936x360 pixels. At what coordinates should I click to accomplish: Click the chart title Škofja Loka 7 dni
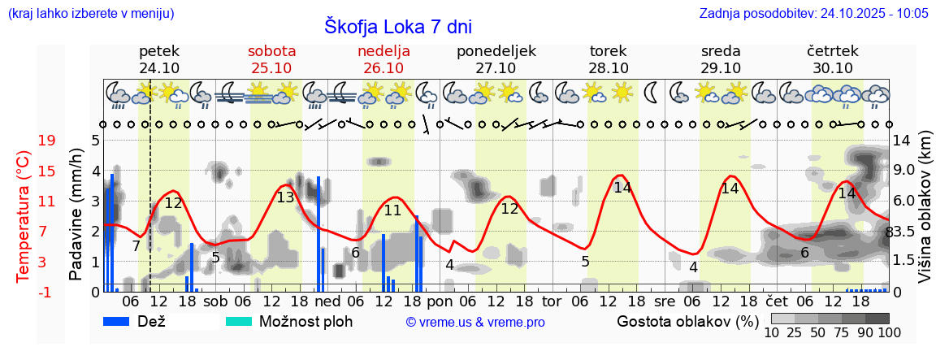[x=397, y=25]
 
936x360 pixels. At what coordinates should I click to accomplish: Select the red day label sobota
[x=271, y=51]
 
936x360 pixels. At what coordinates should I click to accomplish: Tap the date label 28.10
[x=608, y=68]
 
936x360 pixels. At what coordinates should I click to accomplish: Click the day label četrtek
[x=832, y=51]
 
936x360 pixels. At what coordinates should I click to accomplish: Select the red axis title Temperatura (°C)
[x=24, y=216]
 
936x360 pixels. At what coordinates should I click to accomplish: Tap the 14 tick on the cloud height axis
[x=902, y=141]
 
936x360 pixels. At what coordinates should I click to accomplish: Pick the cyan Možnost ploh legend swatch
[x=239, y=321]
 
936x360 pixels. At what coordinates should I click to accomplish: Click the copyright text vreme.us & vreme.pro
[x=475, y=323]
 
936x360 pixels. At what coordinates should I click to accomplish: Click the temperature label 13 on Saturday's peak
[x=285, y=197]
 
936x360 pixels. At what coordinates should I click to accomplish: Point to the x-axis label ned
[x=327, y=301]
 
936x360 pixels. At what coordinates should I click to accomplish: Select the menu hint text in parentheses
[x=90, y=13]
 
